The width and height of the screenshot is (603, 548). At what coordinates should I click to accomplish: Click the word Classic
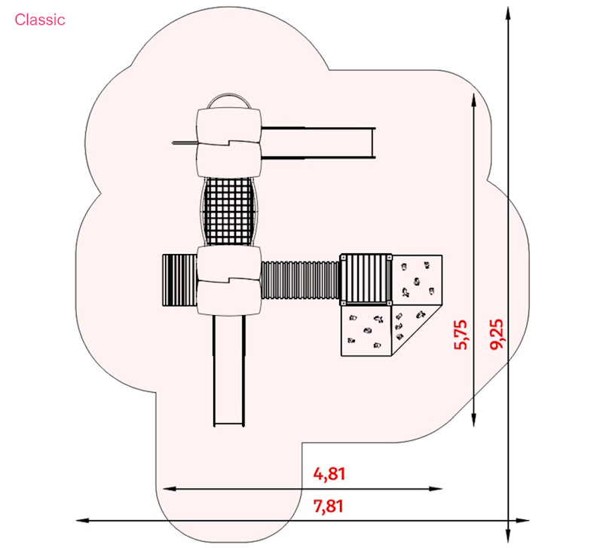coord(40,20)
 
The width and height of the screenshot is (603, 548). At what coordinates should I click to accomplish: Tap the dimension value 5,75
coord(461,335)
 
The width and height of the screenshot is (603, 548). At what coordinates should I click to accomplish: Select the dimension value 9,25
coord(497,334)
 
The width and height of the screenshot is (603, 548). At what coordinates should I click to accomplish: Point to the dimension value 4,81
coord(329,474)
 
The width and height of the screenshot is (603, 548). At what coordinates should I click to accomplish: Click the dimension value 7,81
coord(329,506)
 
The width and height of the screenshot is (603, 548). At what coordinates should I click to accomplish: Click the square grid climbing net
coord(229,211)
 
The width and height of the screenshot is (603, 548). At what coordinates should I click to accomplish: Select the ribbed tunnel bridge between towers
coord(300,280)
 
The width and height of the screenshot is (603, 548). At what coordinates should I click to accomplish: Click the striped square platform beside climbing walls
coord(366,280)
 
